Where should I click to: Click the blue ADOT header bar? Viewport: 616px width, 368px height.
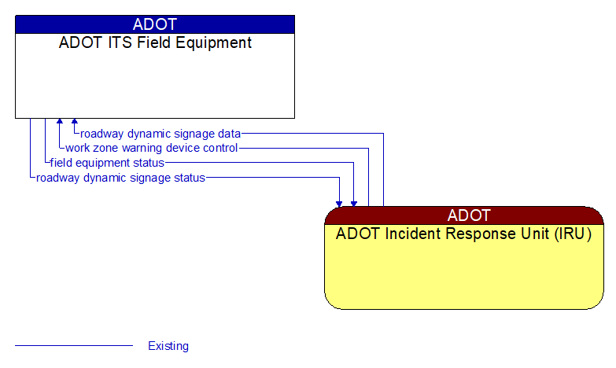tap(155, 24)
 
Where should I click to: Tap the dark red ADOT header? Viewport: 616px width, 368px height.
tap(464, 215)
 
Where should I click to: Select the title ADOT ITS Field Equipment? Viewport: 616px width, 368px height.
tap(155, 43)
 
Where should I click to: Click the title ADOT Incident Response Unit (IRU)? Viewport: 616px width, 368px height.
tap(464, 234)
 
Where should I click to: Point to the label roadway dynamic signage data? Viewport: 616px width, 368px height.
tap(160, 134)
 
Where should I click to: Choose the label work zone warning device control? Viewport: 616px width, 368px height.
tap(151, 148)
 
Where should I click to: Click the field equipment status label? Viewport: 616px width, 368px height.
tap(107, 163)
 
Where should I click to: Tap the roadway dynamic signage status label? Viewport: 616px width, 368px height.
tap(120, 178)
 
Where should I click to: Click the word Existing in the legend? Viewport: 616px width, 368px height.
tap(168, 346)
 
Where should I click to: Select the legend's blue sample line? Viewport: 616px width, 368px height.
tap(74, 345)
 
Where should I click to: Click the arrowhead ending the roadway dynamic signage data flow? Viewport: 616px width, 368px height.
tap(75, 122)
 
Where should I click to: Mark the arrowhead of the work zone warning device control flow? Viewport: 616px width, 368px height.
tap(60, 122)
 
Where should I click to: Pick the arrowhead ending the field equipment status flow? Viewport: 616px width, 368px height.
tap(354, 203)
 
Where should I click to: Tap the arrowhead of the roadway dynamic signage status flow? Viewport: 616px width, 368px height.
tap(339, 203)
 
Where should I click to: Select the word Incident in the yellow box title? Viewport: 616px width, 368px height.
tap(404, 234)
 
